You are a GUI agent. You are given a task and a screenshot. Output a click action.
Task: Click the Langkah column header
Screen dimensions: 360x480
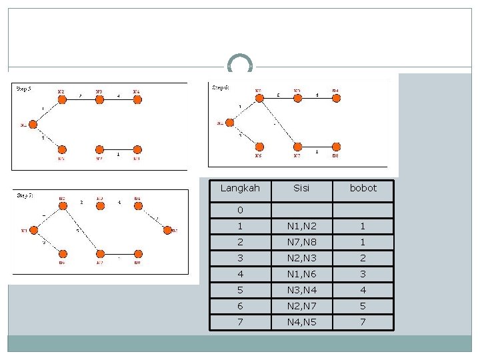[x=239, y=189]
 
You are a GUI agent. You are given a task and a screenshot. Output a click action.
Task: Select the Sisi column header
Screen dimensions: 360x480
[x=301, y=189]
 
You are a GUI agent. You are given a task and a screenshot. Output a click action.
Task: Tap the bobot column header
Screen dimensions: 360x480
[x=363, y=189]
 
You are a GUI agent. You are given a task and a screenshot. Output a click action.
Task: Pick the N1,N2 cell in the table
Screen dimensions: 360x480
[x=301, y=226]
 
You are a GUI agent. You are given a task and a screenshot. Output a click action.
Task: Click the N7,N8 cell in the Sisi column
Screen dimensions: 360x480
[x=301, y=242]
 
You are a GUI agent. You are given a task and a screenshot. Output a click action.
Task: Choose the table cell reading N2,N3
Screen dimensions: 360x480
[x=301, y=258]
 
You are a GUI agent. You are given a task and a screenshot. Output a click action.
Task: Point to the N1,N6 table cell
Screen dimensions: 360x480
[x=301, y=274]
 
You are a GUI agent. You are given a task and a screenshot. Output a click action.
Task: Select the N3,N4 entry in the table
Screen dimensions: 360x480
[x=301, y=290]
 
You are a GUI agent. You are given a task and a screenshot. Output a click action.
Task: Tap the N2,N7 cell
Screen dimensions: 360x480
[x=301, y=306]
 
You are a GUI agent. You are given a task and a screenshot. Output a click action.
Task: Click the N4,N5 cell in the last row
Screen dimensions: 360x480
[x=301, y=322]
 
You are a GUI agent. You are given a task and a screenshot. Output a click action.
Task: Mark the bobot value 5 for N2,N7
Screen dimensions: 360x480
[x=363, y=306]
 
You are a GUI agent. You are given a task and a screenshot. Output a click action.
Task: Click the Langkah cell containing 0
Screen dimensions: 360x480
[x=239, y=211]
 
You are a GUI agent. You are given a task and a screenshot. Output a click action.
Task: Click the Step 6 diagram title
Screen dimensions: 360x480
[x=221, y=87]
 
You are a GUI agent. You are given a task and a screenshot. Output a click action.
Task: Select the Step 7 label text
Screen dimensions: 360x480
[x=25, y=195]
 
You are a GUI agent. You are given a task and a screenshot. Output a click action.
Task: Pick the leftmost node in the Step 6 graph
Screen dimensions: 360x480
[x=229, y=123]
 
